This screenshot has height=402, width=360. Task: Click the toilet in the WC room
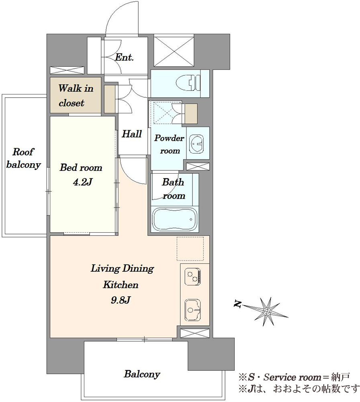pyautogui.click(x=188, y=83)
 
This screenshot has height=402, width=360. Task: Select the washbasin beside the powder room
pyautogui.click(x=197, y=144)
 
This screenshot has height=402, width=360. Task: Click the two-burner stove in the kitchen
pyautogui.click(x=193, y=277)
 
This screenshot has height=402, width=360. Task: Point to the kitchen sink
pyautogui.click(x=193, y=310)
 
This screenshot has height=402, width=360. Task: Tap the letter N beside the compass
pyautogui.click(x=238, y=304)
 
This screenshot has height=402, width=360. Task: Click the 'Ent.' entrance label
pyautogui.click(x=124, y=57)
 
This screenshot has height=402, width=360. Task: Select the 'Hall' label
pyautogui.click(x=132, y=134)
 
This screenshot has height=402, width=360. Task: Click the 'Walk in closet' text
pyautogui.click(x=76, y=96)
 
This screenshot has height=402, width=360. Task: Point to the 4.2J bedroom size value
pyautogui.click(x=82, y=182)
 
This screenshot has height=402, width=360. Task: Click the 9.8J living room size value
pyautogui.click(x=121, y=300)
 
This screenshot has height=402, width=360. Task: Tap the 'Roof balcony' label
pyautogui.click(x=23, y=158)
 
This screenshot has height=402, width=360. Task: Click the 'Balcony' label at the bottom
pyautogui.click(x=142, y=374)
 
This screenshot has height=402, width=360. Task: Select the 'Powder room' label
pyautogui.click(x=169, y=144)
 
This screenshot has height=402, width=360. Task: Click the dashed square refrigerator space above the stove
pyautogui.click(x=190, y=248)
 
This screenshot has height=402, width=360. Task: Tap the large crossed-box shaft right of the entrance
pyautogui.click(x=174, y=51)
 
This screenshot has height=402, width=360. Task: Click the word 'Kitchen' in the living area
pyautogui.click(x=121, y=285)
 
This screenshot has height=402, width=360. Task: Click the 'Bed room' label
pyautogui.click(x=81, y=168)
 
